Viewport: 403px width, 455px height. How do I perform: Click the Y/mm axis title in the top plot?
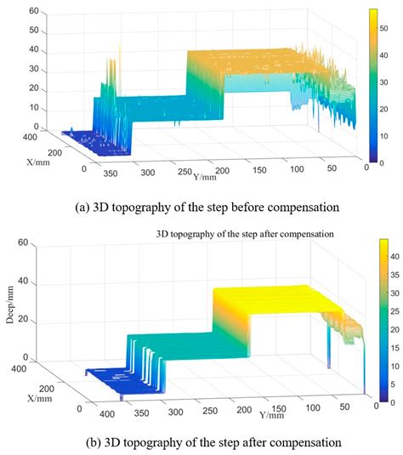[x=205, y=176]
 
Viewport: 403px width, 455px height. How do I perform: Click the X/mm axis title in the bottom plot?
[x=40, y=398]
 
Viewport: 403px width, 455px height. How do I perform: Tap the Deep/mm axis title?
[x=10, y=304]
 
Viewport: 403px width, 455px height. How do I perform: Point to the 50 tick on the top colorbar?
[x=383, y=28]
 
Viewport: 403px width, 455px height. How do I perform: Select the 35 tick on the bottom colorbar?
[x=394, y=275]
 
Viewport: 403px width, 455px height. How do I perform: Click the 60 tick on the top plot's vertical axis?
[x=34, y=11]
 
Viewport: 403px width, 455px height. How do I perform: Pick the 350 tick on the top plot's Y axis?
[x=111, y=173]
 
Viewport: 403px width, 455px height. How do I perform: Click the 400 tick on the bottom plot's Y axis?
[x=107, y=414]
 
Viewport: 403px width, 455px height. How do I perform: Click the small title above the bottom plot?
[x=245, y=234]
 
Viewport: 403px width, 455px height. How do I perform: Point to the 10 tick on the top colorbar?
[x=383, y=136]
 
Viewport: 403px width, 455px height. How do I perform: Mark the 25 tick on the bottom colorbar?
[x=394, y=311]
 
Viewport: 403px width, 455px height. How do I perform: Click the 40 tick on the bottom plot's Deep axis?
[x=23, y=281]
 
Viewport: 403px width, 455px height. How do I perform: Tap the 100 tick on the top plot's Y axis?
[x=297, y=169]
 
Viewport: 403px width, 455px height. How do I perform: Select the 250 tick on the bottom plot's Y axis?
[x=210, y=411]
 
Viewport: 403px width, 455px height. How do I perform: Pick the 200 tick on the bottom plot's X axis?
[x=47, y=389]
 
